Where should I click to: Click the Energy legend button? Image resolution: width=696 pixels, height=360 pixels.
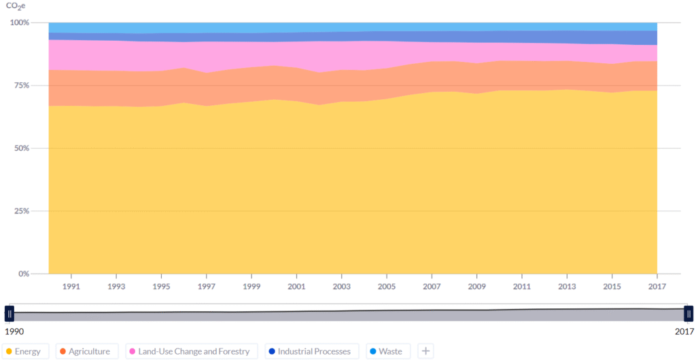tap(25, 352)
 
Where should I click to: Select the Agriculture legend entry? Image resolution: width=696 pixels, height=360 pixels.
tap(86, 352)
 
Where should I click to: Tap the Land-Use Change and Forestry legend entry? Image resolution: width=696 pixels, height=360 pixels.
tap(191, 352)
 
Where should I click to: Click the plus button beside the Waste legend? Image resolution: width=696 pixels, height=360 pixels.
tap(425, 352)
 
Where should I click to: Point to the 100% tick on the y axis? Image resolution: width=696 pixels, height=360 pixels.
tap(20, 22)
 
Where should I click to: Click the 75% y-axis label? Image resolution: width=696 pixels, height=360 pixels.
tap(21, 85)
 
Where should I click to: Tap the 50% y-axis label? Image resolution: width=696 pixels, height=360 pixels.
tap(21, 148)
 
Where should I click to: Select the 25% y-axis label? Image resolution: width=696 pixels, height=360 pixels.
tap(21, 211)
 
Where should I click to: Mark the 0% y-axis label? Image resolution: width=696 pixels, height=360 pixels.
tap(24, 274)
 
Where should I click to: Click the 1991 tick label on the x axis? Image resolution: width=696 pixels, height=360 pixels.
tap(71, 287)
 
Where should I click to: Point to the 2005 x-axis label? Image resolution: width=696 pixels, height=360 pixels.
tap(387, 287)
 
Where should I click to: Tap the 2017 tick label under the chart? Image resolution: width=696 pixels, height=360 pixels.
tap(657, 287)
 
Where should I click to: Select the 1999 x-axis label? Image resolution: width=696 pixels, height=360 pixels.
tap(251, 287)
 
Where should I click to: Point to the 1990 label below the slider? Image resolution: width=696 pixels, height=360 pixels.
tap(14, 331)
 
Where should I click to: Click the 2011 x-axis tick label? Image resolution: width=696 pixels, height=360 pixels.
tap(521, 287)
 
